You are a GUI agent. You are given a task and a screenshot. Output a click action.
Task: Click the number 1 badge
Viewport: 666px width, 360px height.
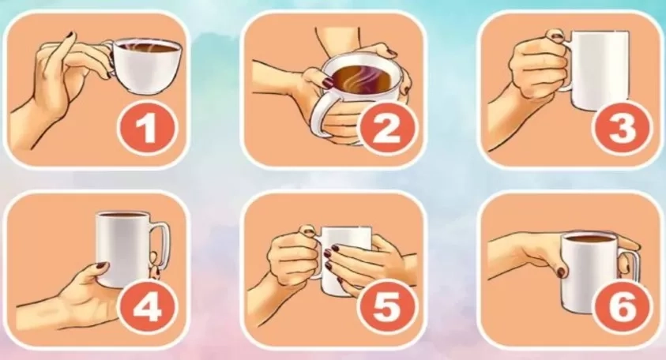pyautogui.click(x=145, y=127)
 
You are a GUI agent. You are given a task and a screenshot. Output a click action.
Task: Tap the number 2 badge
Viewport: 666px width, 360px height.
pyautogui.click(x=386, y=127)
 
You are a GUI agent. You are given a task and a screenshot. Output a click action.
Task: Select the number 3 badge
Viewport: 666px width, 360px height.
pyautogui.click(x=622, y=127)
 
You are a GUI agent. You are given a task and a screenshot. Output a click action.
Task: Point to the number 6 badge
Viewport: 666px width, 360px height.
pyautogui.click(x=622, y=306)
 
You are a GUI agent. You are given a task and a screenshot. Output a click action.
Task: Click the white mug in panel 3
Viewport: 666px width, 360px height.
pyautogui.click(x=596, y=70)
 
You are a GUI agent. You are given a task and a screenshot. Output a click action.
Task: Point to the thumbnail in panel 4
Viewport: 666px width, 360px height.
pyautogui.click(x=101, y=266)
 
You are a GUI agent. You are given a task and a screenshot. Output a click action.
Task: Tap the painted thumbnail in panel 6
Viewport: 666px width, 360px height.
pyautogui.click(x=562, y=272)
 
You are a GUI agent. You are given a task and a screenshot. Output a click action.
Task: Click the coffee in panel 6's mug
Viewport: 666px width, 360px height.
pyautogui.click(x=588, y=238)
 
